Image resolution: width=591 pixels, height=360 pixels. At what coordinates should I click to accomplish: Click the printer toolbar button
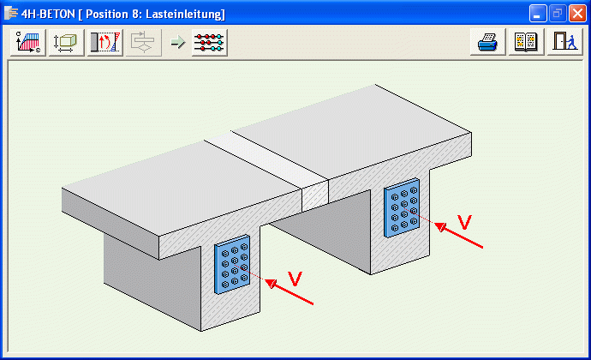point(487,42)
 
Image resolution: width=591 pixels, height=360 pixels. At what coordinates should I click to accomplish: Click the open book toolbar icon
point(526,42)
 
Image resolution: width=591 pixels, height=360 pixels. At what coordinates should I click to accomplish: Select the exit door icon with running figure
point(564,42)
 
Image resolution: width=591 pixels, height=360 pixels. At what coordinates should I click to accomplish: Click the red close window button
point(577,14)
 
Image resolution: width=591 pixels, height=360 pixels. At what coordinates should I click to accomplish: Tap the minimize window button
point(538,14)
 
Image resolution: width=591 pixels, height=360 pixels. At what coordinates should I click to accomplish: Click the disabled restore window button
point(557,14)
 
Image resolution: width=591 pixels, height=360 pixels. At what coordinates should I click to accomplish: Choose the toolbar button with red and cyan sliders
point(210,43)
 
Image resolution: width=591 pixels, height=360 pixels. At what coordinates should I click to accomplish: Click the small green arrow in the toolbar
point(178,42)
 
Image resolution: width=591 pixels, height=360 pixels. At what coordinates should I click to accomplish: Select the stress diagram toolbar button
point(28,43)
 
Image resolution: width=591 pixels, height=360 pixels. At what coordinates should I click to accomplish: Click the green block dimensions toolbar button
point(66,43)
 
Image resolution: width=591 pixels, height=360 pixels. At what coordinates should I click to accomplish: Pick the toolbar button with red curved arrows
point(104,43)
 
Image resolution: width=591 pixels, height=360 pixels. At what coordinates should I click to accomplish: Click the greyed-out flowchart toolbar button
point(143,43)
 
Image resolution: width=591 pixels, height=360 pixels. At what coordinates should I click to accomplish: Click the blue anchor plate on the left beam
point(232,264)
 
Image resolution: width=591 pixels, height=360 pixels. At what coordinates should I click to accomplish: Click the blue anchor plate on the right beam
point(402,207)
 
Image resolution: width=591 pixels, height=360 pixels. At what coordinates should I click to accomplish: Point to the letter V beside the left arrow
point(295,279)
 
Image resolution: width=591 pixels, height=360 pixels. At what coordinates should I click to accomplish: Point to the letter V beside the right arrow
point(464,222)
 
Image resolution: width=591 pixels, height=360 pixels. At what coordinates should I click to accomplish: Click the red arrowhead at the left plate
point(271,284)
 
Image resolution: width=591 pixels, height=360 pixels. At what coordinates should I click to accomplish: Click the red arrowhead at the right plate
point(440,227)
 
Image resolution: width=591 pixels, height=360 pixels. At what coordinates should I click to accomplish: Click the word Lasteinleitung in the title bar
point(186,14)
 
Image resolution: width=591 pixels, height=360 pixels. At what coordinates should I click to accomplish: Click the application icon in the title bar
point(11,13)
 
